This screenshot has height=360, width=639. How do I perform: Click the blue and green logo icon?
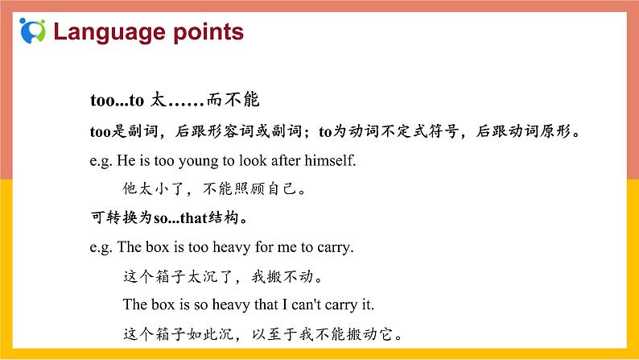point(32,31)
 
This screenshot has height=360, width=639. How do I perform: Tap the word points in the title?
point(205,32)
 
